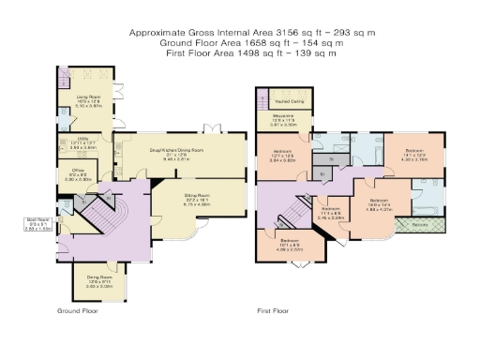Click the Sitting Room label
tap(196, 198)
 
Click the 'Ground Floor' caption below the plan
tap(78, 309)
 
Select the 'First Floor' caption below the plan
tap(274, 309)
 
